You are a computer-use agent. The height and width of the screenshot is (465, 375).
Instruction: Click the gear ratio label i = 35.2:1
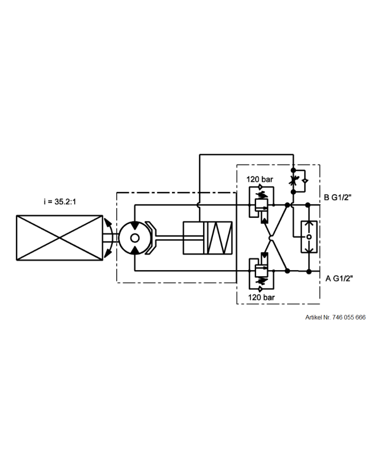[61, 202]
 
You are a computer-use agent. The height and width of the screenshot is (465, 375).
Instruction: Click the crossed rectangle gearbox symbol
[59, 238]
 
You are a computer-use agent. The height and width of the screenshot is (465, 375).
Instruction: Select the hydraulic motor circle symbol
[134, 238]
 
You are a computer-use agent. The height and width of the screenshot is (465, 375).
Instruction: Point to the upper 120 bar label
[260, 179]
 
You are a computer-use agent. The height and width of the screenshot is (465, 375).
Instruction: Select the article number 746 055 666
[348, 317]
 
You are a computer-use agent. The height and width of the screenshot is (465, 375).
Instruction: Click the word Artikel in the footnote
[314, 317]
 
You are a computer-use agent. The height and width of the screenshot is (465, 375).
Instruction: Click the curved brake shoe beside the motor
[154, 238]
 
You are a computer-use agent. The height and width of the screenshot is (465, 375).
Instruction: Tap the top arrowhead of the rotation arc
[108, 223]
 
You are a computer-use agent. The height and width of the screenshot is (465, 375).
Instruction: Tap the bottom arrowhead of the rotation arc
[108, 253]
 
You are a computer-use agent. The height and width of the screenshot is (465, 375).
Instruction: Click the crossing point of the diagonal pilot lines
[271, 238]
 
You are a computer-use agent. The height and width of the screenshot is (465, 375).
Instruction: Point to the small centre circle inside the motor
[134, 238]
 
